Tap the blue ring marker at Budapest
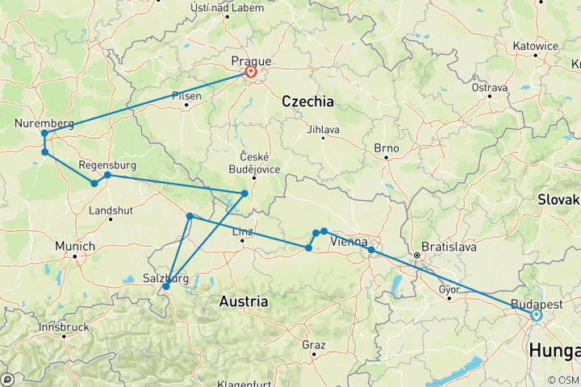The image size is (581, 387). click(x=536, y=315)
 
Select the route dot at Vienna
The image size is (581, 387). click(x=371, y=250)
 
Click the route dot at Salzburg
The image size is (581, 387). click(x=166, y=286)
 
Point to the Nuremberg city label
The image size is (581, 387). click(x=44, y=123)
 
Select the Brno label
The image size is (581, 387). click(x=387, y=148)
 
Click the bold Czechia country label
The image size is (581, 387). click(x=307, y=102)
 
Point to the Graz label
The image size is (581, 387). click(x=313, y=344)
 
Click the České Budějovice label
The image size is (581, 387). click(x=253, y=162)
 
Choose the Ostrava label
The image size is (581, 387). click(x=489, y=87)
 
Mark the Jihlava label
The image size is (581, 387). click(x=323, y=128)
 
